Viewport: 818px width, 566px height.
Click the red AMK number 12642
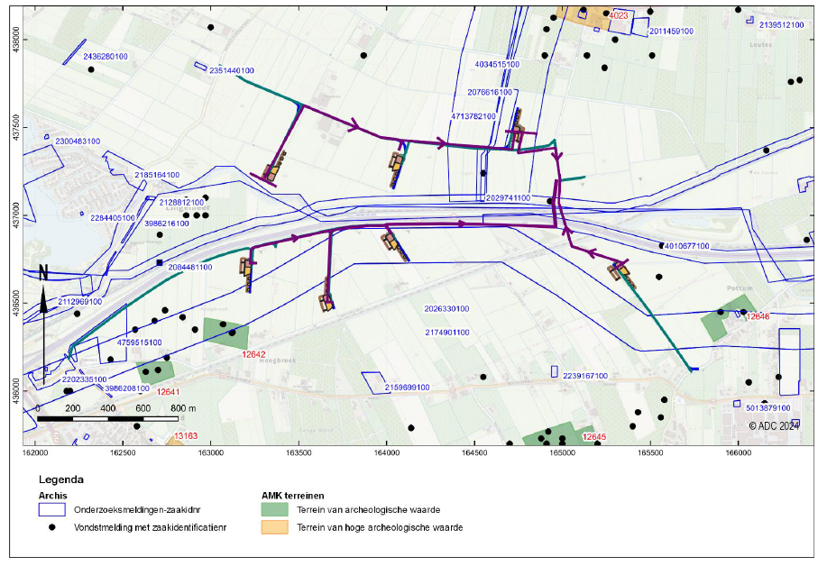(254, 354)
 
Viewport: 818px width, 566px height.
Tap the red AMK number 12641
(169, 392)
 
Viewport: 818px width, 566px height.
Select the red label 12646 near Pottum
(758, 316)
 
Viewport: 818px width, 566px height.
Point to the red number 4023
(619, 16)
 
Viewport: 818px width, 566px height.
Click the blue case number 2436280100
(106, 57)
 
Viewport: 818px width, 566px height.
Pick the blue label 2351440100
(232, 70)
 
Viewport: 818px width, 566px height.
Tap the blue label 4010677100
(685, 245)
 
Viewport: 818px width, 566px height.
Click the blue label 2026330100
(446, 308)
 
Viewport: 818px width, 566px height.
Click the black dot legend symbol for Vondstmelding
(52, 527)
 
